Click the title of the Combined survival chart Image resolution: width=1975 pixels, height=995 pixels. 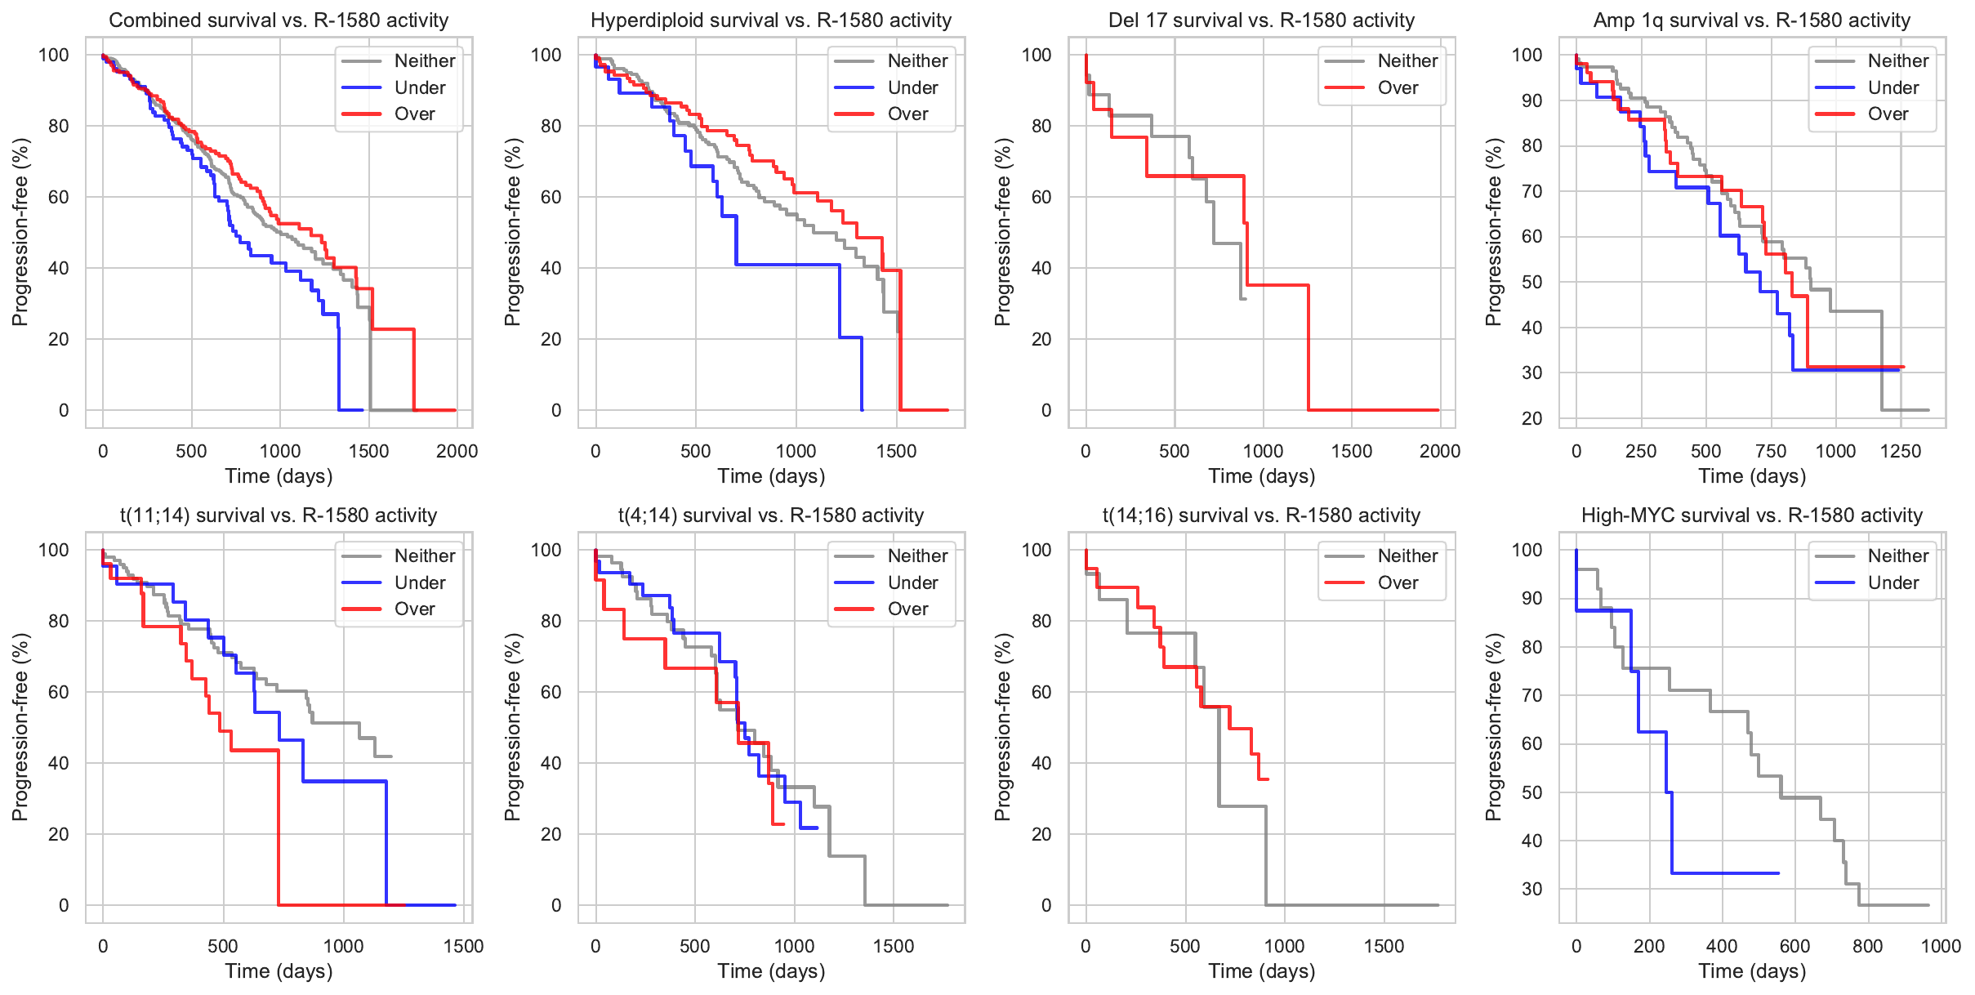pos(279,20)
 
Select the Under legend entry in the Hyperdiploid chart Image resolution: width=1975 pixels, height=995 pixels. pos(912,87)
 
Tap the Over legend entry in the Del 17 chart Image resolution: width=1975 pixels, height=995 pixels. pos(1398,87)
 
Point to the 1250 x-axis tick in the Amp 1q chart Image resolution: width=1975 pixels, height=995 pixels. pos(1901,451)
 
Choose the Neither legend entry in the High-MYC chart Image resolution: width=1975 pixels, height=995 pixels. pos(1897,556)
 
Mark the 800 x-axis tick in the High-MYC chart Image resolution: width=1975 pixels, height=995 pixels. pos(1868,946)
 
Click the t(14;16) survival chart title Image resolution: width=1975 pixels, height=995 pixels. pos(1261,515)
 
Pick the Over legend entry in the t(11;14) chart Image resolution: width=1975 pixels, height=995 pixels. pos(415,609)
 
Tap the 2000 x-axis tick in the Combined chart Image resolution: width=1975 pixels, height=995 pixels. pos(457,451)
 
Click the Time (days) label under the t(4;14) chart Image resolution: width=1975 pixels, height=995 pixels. pos(771,970)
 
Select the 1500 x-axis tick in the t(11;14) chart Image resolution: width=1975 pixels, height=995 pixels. pos(463,946)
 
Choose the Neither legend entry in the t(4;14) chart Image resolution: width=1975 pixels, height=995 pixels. pos(917,556)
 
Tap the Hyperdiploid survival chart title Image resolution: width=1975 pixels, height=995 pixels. pos(771,20)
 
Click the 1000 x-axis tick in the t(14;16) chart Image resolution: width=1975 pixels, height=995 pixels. pos(1284,946)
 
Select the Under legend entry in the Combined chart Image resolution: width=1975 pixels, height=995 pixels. pos(420,87)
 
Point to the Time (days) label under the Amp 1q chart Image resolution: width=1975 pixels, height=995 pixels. pos(1752,475)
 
